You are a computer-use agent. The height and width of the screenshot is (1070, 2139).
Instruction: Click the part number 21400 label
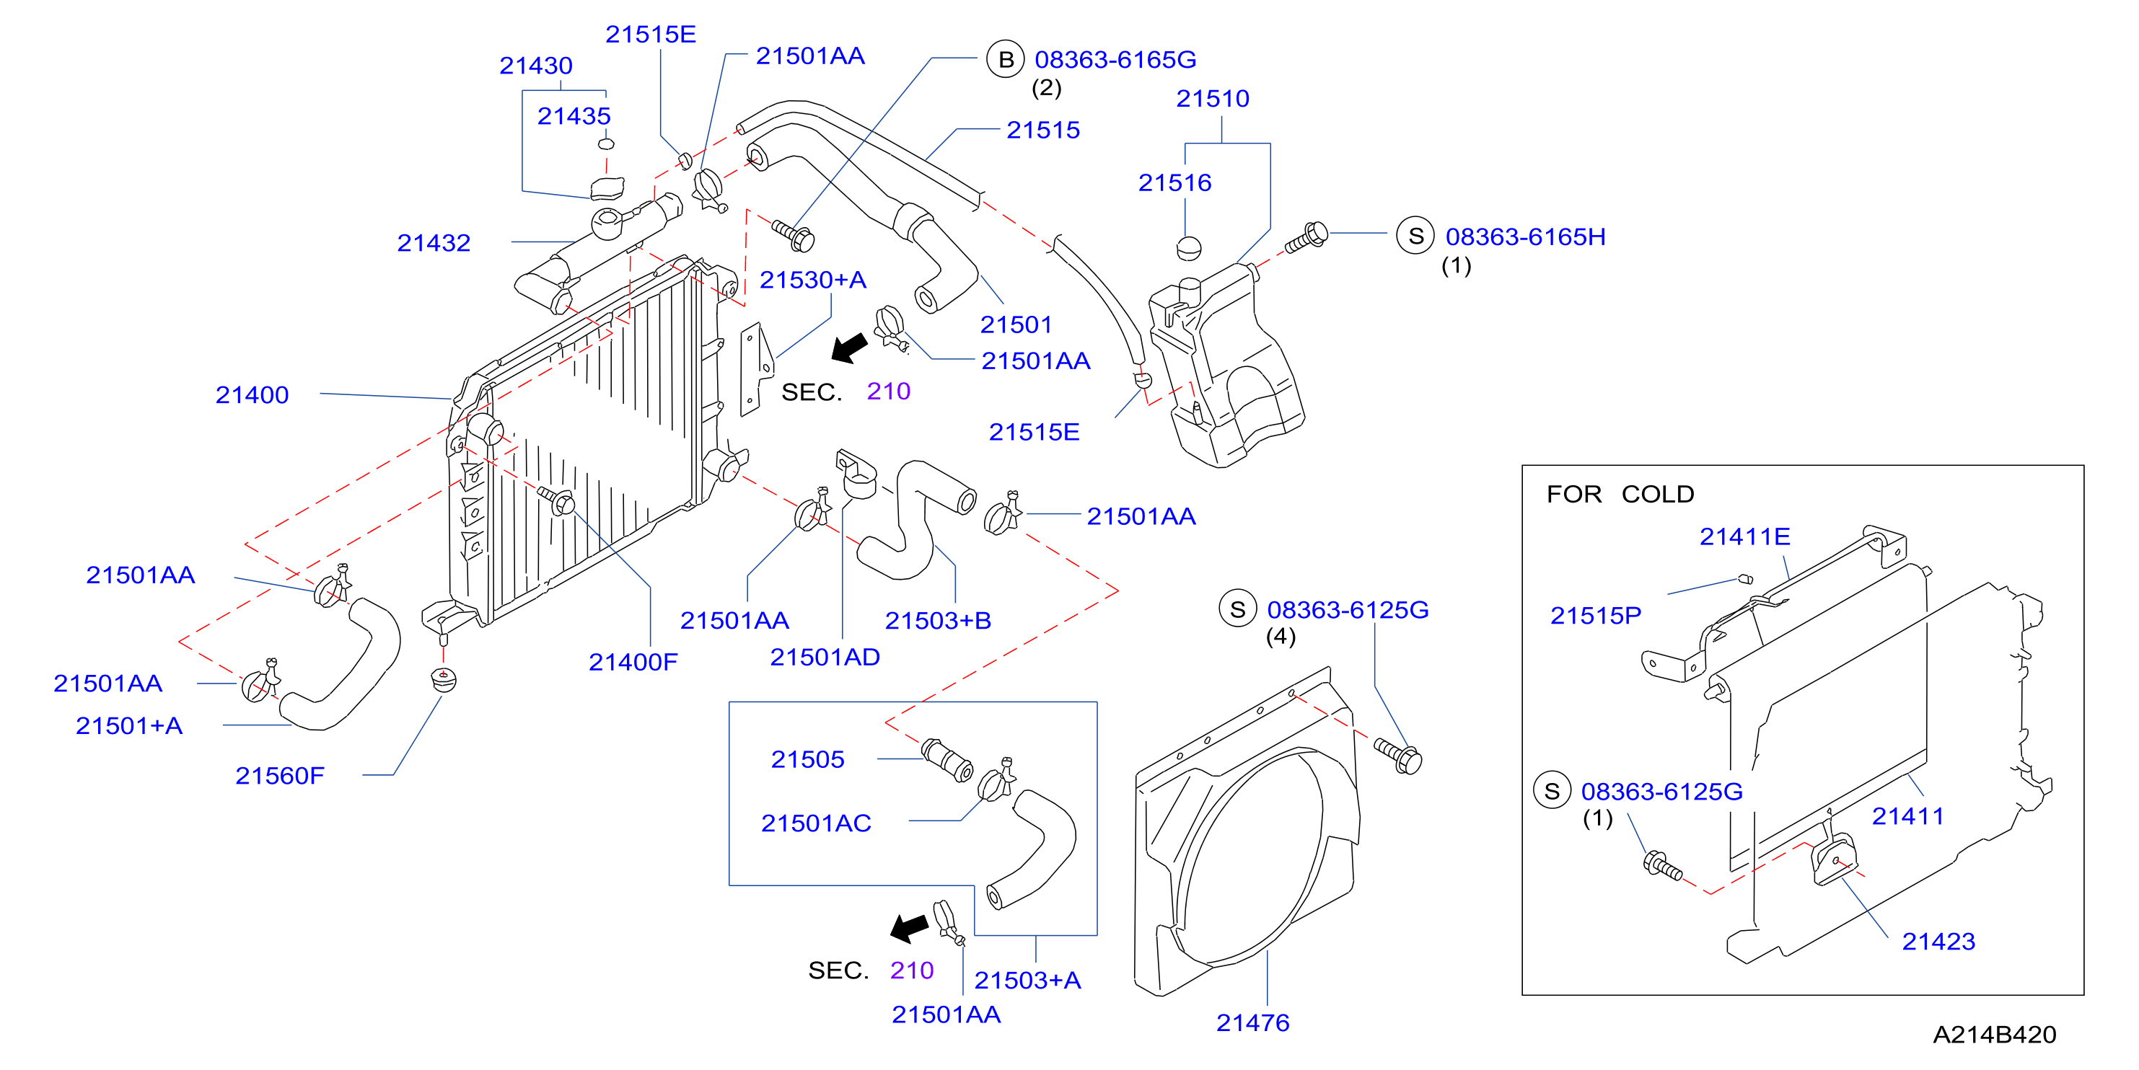[252, 394]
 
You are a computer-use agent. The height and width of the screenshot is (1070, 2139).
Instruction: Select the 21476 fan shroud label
[1252, 1022]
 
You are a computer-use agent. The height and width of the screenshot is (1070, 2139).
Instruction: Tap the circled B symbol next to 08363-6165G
[1005, 59]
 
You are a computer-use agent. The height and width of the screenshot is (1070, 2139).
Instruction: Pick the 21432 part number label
[434, 242]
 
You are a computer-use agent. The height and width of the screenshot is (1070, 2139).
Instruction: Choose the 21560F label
[280, 775]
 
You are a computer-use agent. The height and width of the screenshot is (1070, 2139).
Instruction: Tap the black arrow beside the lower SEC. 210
[909, 928]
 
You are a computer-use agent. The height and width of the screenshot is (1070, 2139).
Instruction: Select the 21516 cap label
[1174, 182]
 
